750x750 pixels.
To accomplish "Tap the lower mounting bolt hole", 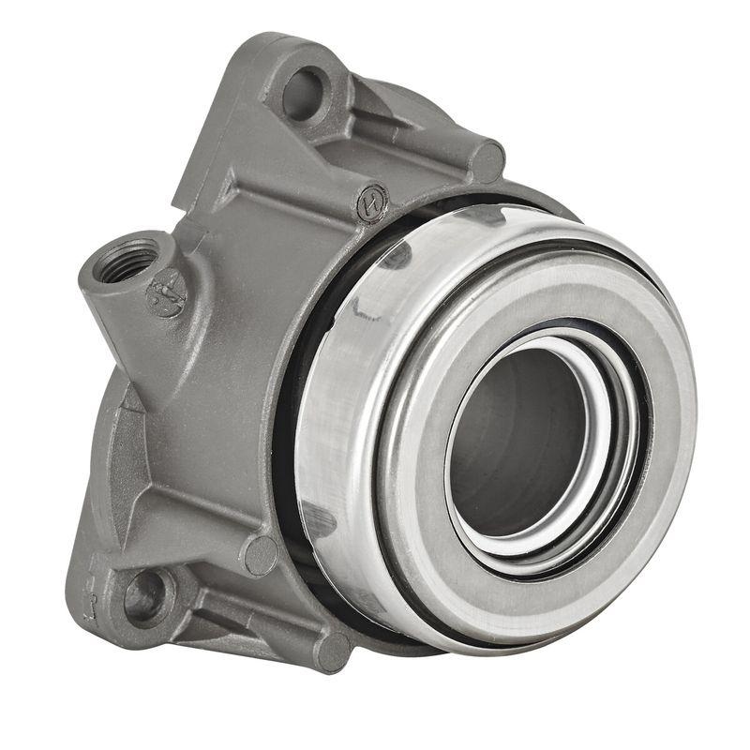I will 145,595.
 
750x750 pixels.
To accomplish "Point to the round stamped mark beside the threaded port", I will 167,293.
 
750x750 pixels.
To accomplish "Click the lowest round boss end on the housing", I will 331,650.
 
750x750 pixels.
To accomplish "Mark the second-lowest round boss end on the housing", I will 261,555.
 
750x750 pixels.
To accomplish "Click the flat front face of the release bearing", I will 647,375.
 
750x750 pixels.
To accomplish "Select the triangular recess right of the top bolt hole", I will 375,112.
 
